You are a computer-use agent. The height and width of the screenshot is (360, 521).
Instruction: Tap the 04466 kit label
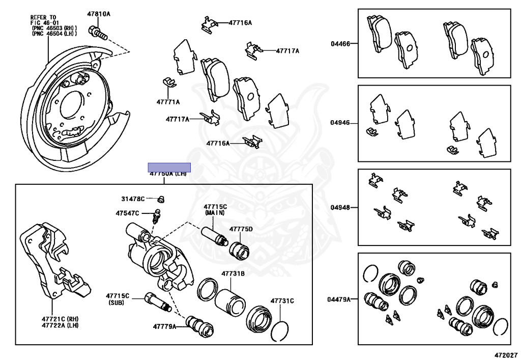pos(340,44)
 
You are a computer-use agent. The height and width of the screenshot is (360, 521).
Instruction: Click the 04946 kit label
pos(340,123)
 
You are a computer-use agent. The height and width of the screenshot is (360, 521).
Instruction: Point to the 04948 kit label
pos(340,208)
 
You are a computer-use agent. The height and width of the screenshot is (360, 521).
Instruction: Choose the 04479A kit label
pos(339,299)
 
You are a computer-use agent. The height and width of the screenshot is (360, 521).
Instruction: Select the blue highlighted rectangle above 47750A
pos(169,167)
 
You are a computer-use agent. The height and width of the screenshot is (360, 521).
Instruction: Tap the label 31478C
pos(133,199)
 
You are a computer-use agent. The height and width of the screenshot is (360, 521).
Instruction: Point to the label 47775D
pos(241,229)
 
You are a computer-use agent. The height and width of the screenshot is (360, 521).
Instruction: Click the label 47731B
pos(233,273)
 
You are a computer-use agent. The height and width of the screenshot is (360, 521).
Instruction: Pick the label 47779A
pos(164,326)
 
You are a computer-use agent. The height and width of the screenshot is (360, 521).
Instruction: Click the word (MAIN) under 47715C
pos(215,212)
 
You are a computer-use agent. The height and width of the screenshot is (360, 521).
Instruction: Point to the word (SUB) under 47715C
pos(118,302)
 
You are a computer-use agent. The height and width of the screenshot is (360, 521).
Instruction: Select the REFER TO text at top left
pos(43,17)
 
